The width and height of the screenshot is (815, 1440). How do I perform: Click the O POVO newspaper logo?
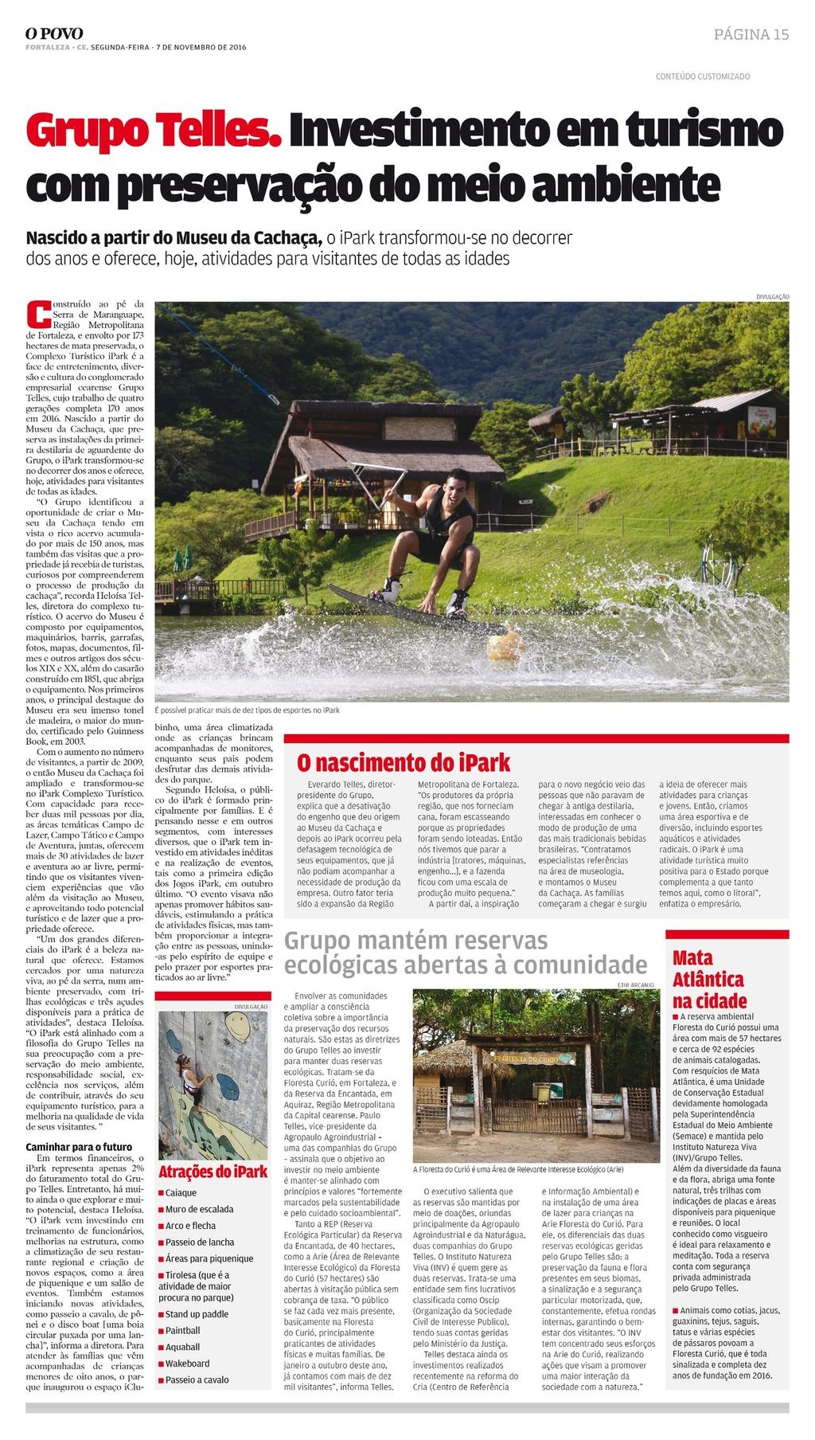(x=54, y=33)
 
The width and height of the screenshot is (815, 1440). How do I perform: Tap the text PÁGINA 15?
(x=751, y=34)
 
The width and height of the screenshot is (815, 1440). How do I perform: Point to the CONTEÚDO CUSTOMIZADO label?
(x=702, y=76)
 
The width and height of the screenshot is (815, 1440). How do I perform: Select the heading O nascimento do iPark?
(x=404, y=761)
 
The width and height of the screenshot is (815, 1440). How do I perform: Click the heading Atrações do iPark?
(x=213, y=1172)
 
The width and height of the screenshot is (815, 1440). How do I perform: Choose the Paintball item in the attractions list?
(x=182, y=1330)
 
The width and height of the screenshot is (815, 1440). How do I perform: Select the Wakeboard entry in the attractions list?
(x=187, y=1363)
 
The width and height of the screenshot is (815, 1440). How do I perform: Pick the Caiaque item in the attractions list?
(x=181, y=1193)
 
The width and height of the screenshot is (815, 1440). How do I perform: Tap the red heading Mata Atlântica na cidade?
(x=709, y=979)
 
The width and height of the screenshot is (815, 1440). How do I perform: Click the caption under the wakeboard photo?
(x=247, y=710)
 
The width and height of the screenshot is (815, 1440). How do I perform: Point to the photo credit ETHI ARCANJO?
(x=635, y=985)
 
